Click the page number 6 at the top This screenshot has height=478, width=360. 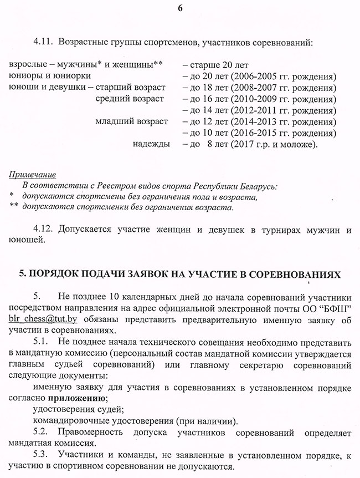coord(181,8)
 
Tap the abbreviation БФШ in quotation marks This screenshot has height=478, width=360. coord(335,308)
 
